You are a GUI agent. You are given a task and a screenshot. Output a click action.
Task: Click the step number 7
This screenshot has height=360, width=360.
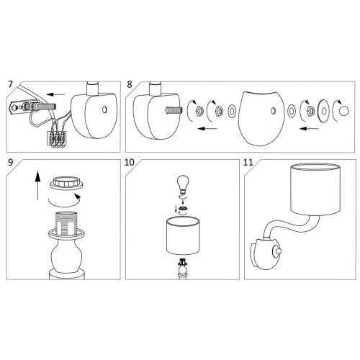pos(10,84)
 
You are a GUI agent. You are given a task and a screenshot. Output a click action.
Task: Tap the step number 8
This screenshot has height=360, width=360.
pos(130,84)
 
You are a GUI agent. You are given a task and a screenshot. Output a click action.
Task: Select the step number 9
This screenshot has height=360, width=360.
pos(10,163)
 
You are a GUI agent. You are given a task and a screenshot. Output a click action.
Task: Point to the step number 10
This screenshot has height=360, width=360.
pos(130,163)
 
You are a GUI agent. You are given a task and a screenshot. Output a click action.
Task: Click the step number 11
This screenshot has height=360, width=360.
pos(248,163)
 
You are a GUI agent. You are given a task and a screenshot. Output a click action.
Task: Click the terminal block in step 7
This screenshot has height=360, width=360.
pos(57,138)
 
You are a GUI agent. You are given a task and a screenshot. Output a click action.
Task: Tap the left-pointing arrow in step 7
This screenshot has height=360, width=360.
pos(56,94)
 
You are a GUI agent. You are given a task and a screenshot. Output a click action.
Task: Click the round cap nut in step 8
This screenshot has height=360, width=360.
pos(344,111)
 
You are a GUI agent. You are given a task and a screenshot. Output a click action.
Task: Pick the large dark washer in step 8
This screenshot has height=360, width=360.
pos(324,111)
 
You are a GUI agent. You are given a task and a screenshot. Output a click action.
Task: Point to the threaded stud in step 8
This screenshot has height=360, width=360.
pos(174,110)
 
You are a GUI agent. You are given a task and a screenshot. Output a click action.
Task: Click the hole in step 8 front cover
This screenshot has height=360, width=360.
pos(273,111)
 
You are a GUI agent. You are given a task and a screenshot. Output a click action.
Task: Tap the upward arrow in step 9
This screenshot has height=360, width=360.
pos(37,185)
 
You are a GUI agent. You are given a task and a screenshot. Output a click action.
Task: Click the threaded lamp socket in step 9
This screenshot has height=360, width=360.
pos(66,225)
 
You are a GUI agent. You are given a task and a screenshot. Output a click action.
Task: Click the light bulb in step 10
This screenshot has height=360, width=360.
pos(183,184)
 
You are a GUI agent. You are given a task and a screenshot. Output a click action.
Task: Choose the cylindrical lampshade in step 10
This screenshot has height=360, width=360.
pos(183,235)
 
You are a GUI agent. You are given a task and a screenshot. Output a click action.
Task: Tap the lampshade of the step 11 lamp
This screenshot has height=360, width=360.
pos(315,189)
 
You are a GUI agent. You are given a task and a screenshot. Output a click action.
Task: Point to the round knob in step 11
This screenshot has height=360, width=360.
pos(278,251)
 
